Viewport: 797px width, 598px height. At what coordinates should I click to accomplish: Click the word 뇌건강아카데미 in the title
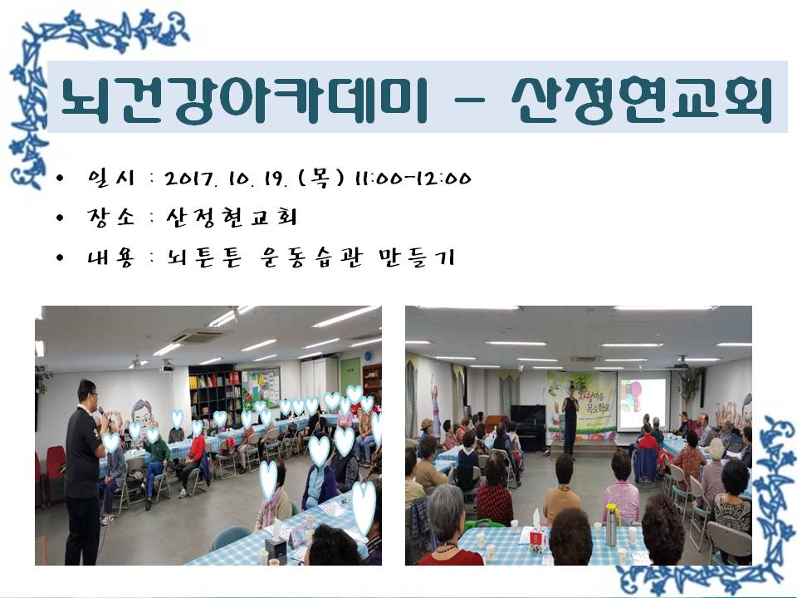coord(244,99)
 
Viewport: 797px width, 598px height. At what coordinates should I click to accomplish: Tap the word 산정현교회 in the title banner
coord(642,99)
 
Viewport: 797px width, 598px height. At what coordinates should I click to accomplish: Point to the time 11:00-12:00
coord(413,179)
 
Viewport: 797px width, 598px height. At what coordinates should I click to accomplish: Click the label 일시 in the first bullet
coord(110,178)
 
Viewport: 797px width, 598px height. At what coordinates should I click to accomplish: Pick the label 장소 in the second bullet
coord(110,217)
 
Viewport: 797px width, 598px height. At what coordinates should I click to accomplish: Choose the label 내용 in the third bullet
coord(110,257)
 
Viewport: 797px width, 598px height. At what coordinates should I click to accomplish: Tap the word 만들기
coord(416,257)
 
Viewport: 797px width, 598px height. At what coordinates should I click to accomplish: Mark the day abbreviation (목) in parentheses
coord(320,179)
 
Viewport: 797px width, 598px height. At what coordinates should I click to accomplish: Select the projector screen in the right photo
coord(643,404)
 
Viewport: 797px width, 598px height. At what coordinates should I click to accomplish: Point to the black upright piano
coord(529,428)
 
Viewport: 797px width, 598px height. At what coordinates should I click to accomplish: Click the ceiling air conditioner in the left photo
coord(198,336)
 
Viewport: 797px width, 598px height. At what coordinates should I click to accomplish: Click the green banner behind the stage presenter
coord(583,404)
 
